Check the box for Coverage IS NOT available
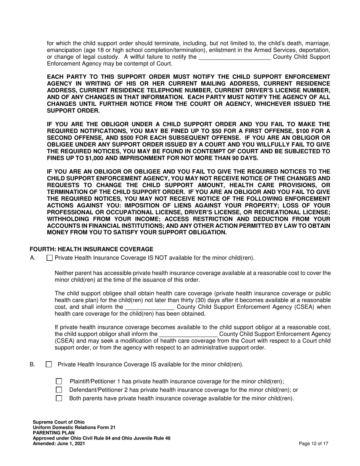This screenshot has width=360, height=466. coord(49,258)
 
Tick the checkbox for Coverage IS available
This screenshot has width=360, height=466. coord(49,364)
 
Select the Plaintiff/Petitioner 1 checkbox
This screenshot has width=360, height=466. coord(59,382)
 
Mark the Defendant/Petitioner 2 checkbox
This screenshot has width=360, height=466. coord(59,390)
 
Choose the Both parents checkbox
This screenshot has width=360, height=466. coord(59,398)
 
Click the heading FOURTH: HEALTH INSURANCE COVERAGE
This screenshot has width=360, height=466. coord(91,249)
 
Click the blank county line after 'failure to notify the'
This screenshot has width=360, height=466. coord(235,57)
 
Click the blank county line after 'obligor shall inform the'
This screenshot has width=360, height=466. coord(188,334)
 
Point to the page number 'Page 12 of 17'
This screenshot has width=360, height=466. coord(313,443)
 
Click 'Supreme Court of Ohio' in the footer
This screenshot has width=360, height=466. coord(59,422)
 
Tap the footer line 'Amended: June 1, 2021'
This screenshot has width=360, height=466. coord(59,443)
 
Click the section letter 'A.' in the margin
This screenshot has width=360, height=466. coord(33,258)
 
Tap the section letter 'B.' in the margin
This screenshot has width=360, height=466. coord(33,364)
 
